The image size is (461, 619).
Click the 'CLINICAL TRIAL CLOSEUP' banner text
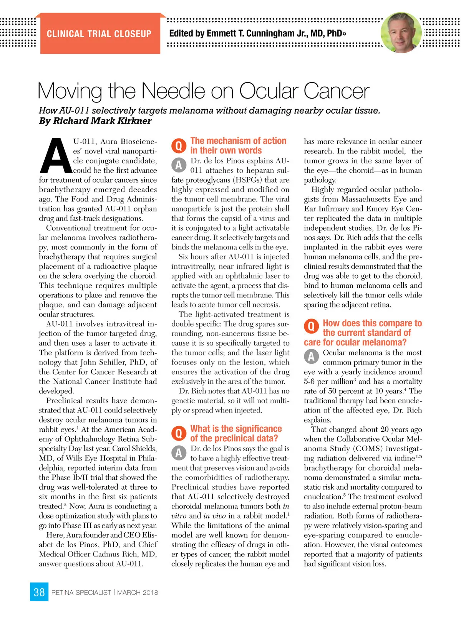tap(99, 34)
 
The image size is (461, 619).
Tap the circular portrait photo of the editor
tap(401, 33)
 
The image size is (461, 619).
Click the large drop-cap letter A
tap(55, 156)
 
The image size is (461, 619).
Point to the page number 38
tap(39, 592)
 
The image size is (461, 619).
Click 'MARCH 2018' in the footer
tap(138, 593)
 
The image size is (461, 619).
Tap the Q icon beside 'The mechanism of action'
tap(179, 146)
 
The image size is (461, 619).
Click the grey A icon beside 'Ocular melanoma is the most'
tap(311, 357)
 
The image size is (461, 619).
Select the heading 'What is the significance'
tap(236, 429)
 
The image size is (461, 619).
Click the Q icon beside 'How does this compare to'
tap(311, 327)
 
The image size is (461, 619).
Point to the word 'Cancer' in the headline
tap(337, 91)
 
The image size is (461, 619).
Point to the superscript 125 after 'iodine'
tap(418, 456)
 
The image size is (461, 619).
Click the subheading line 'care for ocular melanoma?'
tap(355, 342)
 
